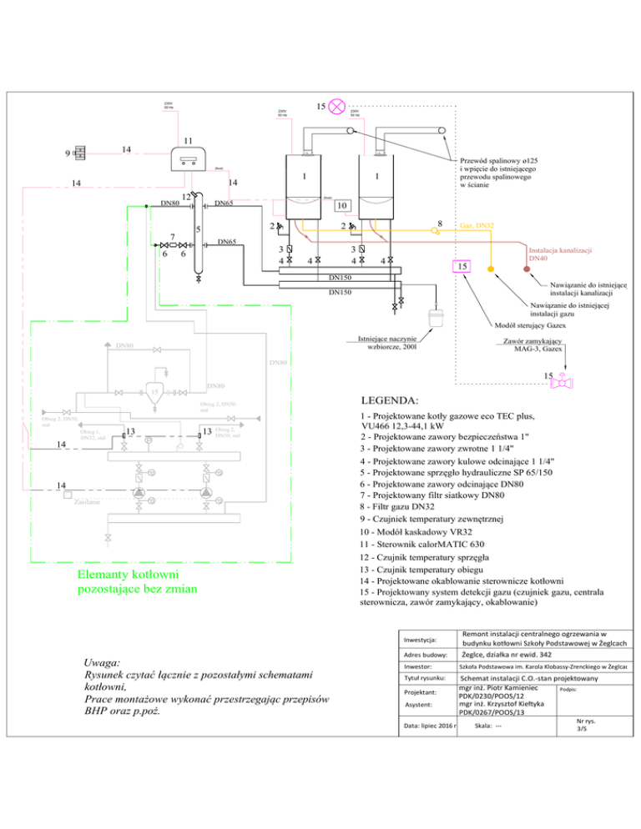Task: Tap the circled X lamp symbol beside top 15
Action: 339,106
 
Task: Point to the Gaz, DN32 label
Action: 477,226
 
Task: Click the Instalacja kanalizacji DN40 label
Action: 560,254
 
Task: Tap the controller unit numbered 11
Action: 189,156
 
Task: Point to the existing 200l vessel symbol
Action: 434,320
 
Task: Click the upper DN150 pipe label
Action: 340,276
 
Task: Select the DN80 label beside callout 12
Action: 170,203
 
